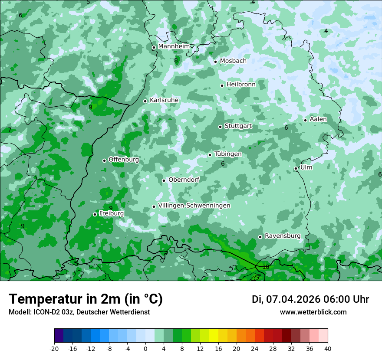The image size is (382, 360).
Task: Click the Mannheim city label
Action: pos(174,46)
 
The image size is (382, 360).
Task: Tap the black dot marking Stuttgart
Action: pos(220,127)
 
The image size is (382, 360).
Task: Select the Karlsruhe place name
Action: pos(164,100)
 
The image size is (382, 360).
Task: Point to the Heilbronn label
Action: pos(241,85)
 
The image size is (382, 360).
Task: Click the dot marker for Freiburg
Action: pos(95,214)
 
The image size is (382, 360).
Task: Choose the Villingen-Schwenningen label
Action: pos(194,206)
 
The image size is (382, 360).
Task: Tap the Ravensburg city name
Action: pos(283,236)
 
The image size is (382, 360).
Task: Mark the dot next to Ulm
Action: pos(296,168)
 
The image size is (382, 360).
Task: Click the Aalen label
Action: pos(318,119)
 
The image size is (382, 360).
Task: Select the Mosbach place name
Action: pos(233,61)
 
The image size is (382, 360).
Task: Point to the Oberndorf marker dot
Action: pos(164,180)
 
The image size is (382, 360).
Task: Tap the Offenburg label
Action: pos(124,160)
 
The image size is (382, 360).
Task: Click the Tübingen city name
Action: pos(228,154)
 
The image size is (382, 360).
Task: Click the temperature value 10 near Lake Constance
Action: pos(266,267)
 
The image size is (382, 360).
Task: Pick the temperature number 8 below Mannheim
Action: pos(176,60)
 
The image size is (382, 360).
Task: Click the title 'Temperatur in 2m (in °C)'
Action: pos(86,299)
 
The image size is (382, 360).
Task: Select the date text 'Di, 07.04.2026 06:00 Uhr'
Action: pos(310,299)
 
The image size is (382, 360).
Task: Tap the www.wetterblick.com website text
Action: pos(313,312)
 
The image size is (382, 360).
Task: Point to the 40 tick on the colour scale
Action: pos(327,348)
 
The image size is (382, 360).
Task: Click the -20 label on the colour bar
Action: pos(54,348)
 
